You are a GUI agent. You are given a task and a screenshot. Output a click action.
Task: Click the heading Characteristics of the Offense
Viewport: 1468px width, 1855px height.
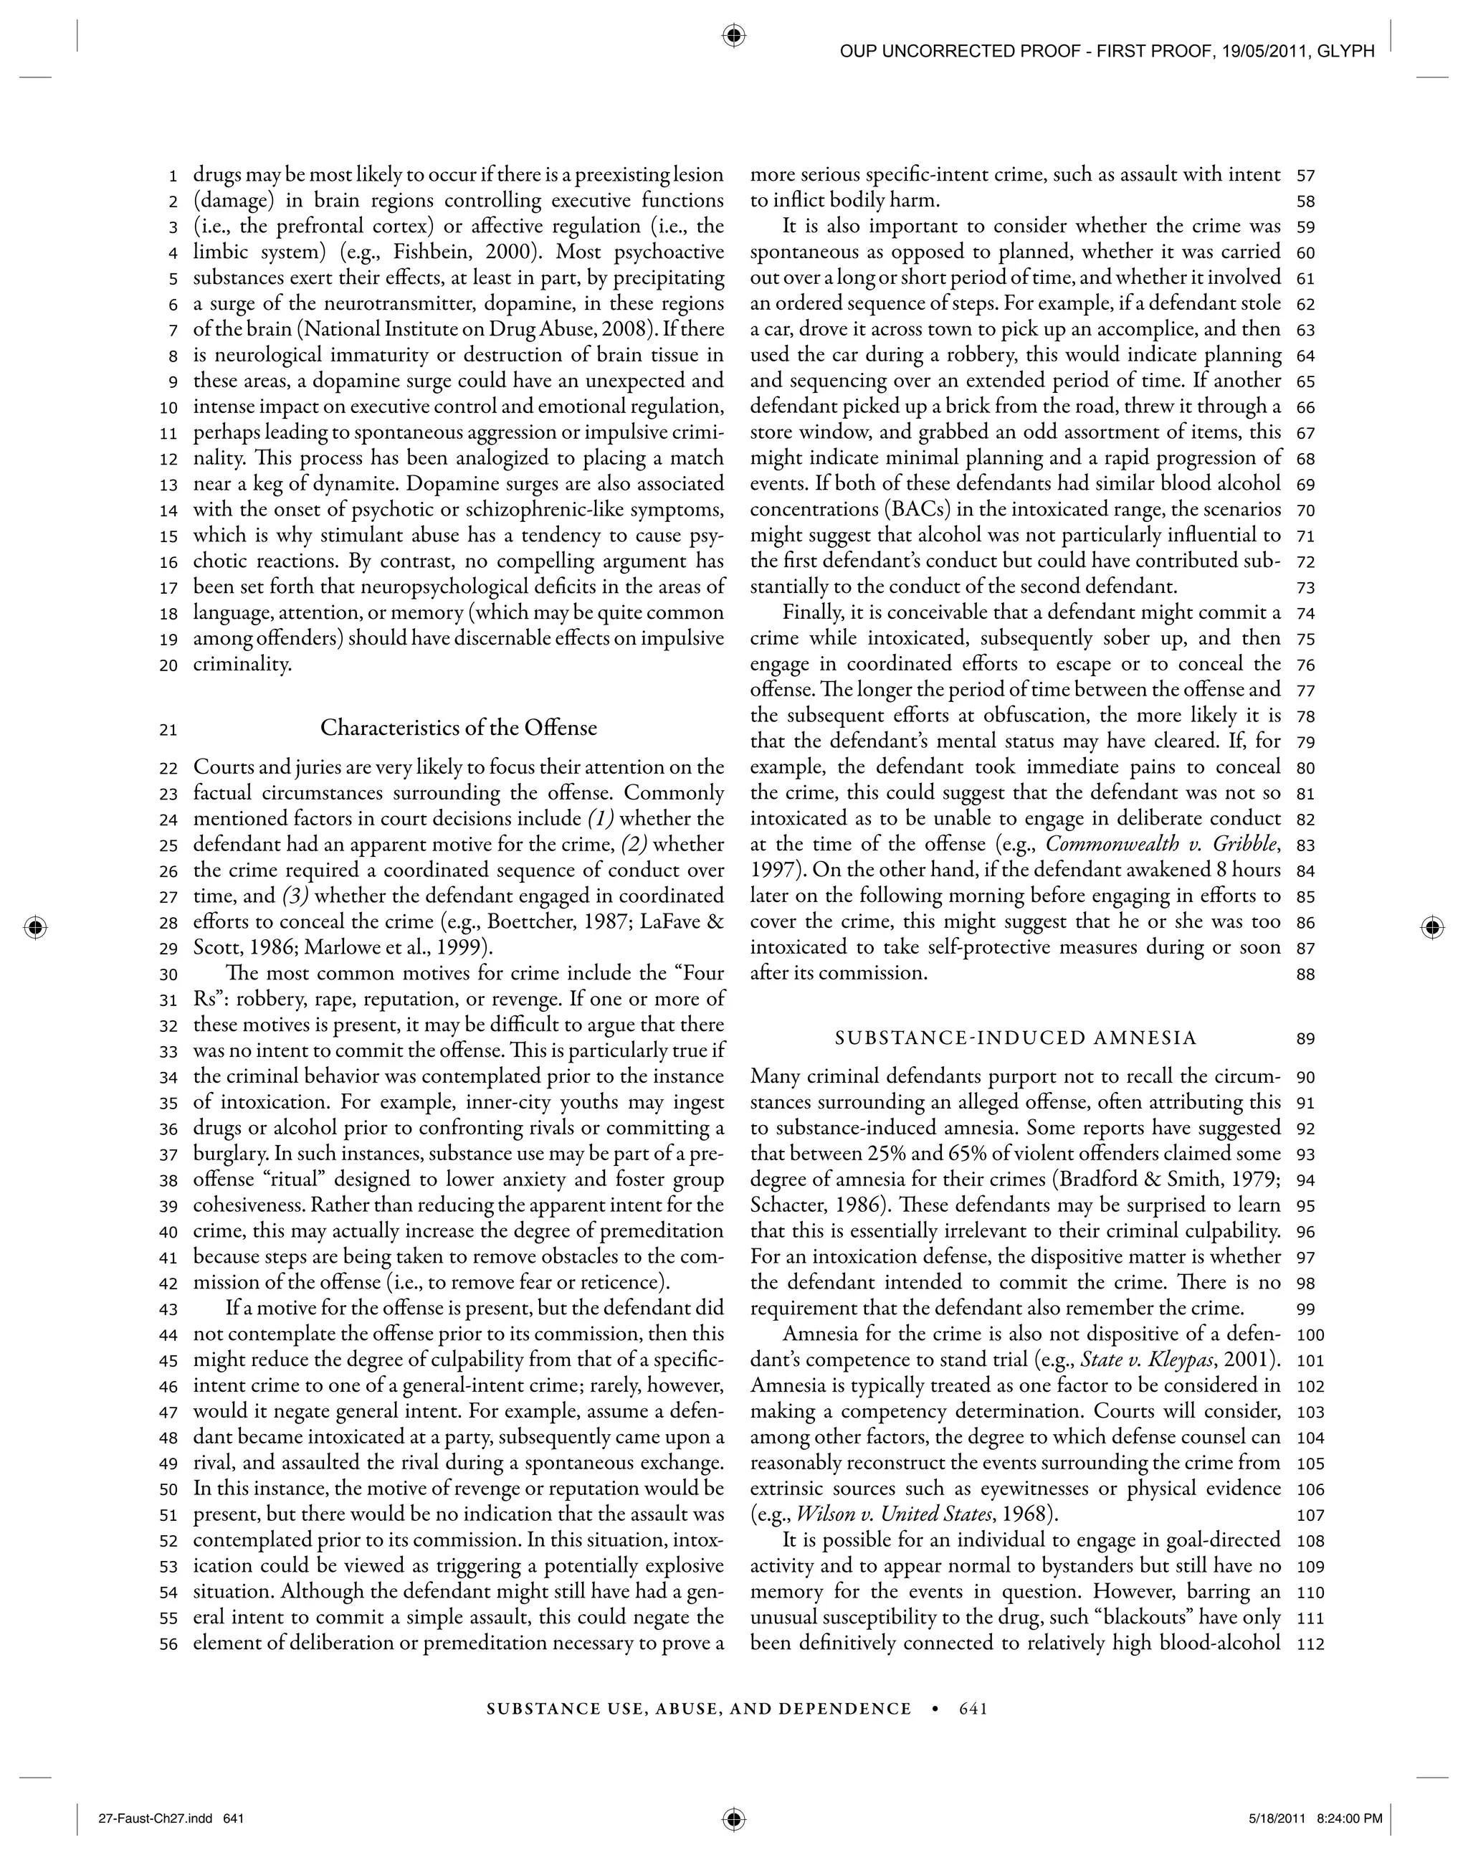point(458,728)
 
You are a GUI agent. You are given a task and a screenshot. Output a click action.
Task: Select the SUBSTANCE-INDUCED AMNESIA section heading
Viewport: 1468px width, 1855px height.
point(1016,1038)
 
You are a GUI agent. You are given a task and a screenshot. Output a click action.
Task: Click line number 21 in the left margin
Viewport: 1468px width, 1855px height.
point(168,730)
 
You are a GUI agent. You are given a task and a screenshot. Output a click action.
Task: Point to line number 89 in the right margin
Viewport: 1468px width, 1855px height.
point(1305,1038)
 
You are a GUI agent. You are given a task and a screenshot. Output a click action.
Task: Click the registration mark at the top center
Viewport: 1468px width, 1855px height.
point(733,36)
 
